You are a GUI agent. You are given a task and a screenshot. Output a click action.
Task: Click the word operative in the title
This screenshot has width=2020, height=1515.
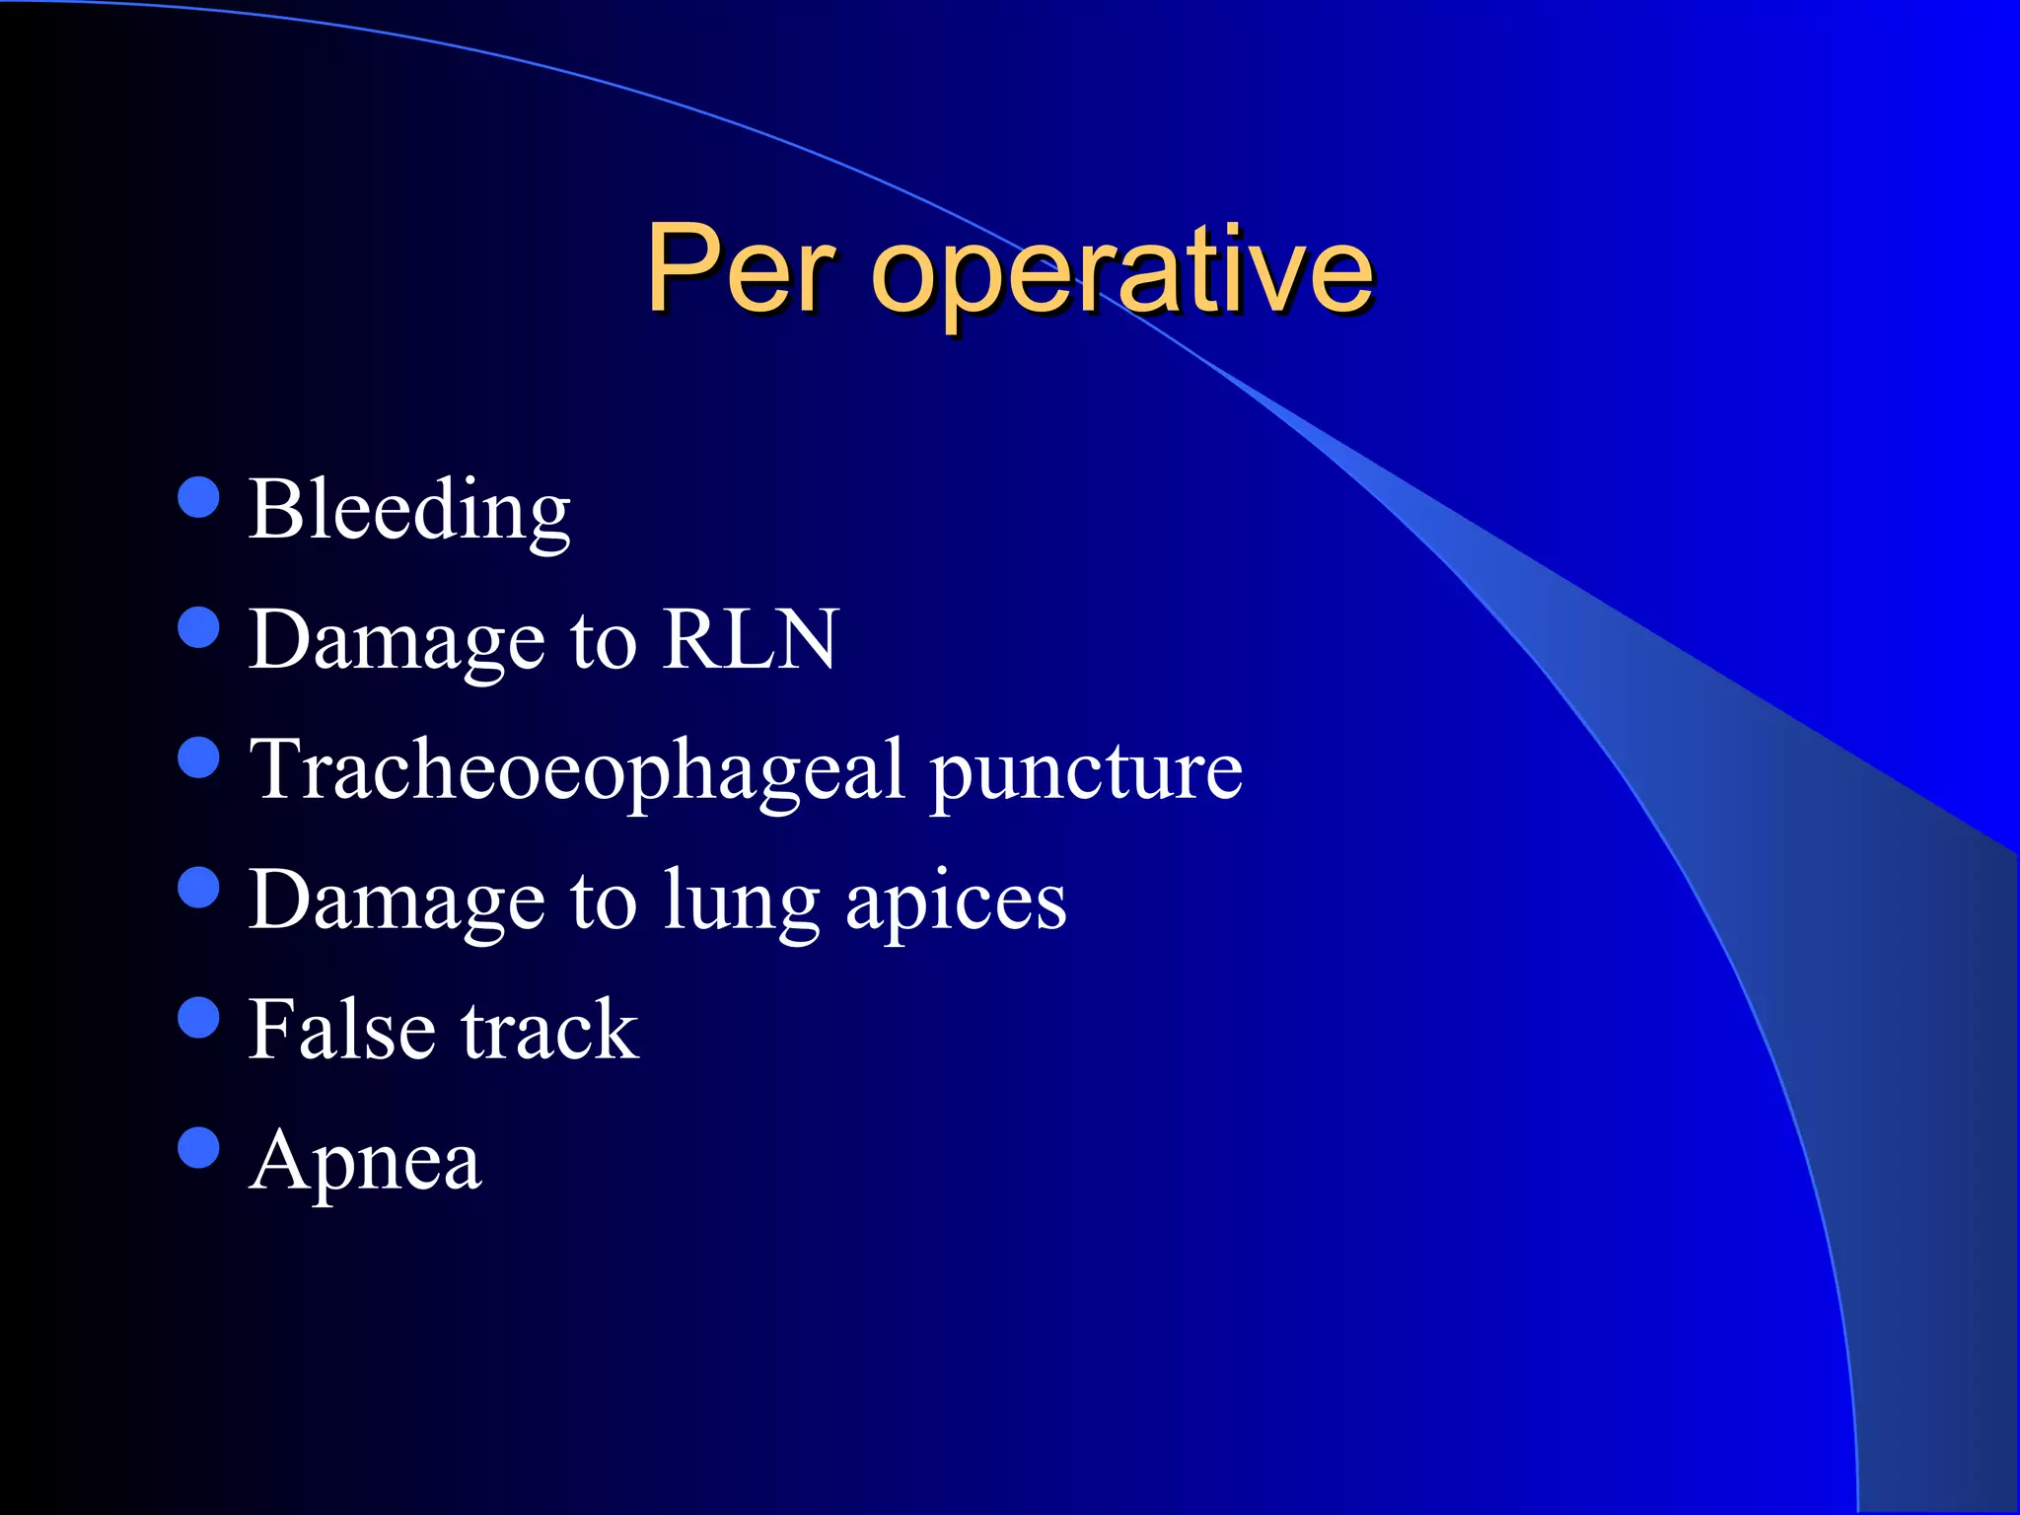pyautogui.click(x=1121, y=270)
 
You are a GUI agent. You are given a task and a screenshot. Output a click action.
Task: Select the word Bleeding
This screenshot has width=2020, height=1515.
pyautogui.click(x=409, y=510)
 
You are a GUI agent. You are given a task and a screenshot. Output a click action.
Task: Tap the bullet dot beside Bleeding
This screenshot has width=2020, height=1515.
pyautogui.click(x=199, y=497)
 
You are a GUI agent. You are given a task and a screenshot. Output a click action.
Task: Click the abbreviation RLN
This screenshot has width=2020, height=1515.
pyautogui.click(x=750, y=639)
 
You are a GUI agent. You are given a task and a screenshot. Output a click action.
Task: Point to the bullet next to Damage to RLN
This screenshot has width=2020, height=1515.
pyautogui.click(x=199, y=627)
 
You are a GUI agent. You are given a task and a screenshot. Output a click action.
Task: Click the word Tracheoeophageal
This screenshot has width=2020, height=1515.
pyautogui.click(x=577, y=771)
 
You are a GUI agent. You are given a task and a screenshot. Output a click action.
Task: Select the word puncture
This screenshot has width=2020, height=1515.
pyautogui.click(x=1086, y=771)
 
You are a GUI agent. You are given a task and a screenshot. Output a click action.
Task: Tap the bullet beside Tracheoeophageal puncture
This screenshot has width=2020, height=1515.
pyautogui.click(x=199, y=757)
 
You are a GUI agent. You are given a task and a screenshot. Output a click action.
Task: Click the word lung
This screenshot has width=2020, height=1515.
pyautogui.click(x=742, y=902)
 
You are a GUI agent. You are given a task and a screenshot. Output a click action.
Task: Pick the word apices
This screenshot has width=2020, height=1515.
pyautogui.click(x=956, y=902)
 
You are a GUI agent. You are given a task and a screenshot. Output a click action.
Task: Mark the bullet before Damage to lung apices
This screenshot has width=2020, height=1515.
pyautogui.click(x=199, y=887)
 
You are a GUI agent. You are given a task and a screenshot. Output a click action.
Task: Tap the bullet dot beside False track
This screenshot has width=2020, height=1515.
pyautogui.click(x=199, y=1018)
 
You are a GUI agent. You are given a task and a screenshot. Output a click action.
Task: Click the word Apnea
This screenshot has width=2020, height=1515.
pyautogui.click(x=366, y=1161)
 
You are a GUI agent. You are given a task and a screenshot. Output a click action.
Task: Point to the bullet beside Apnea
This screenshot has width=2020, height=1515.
pyautogui.click(x=199, y=1147)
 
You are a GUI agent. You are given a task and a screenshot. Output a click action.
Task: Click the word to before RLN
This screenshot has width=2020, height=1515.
pyautogui.click(x=603, y=641)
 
